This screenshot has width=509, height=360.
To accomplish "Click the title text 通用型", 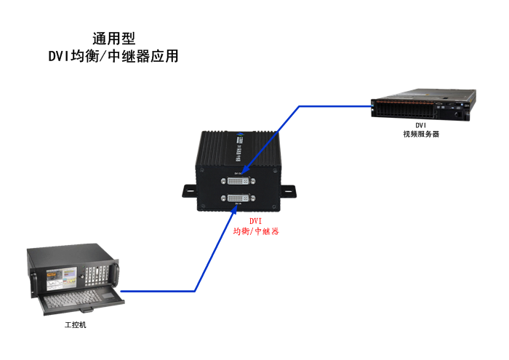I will pyautogui.click(x=114, y=39).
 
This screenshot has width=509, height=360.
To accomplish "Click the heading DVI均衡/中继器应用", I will pyautogui.click(x=113, y=56).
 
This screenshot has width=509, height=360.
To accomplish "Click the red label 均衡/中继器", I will pyautogui.click(x=256, y=231).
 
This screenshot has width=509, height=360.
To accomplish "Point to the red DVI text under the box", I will pyautogui.click(x=256, y=220).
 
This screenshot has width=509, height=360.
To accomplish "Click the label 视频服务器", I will pyautogui.click(x=421, y=134).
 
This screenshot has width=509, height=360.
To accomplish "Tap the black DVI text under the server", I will pyautogui.click(x=421, y=125).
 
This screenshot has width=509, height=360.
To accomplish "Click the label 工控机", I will pyautogui.click(x=75, y=324).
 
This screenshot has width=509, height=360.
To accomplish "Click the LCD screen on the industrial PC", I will pyautogui.click(x=61, y=276).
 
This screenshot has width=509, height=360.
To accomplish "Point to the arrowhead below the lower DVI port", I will pyautogui.click(x=234, y=212).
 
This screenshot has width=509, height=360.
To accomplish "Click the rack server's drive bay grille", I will pyautogui.click(x=407, y=109).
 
